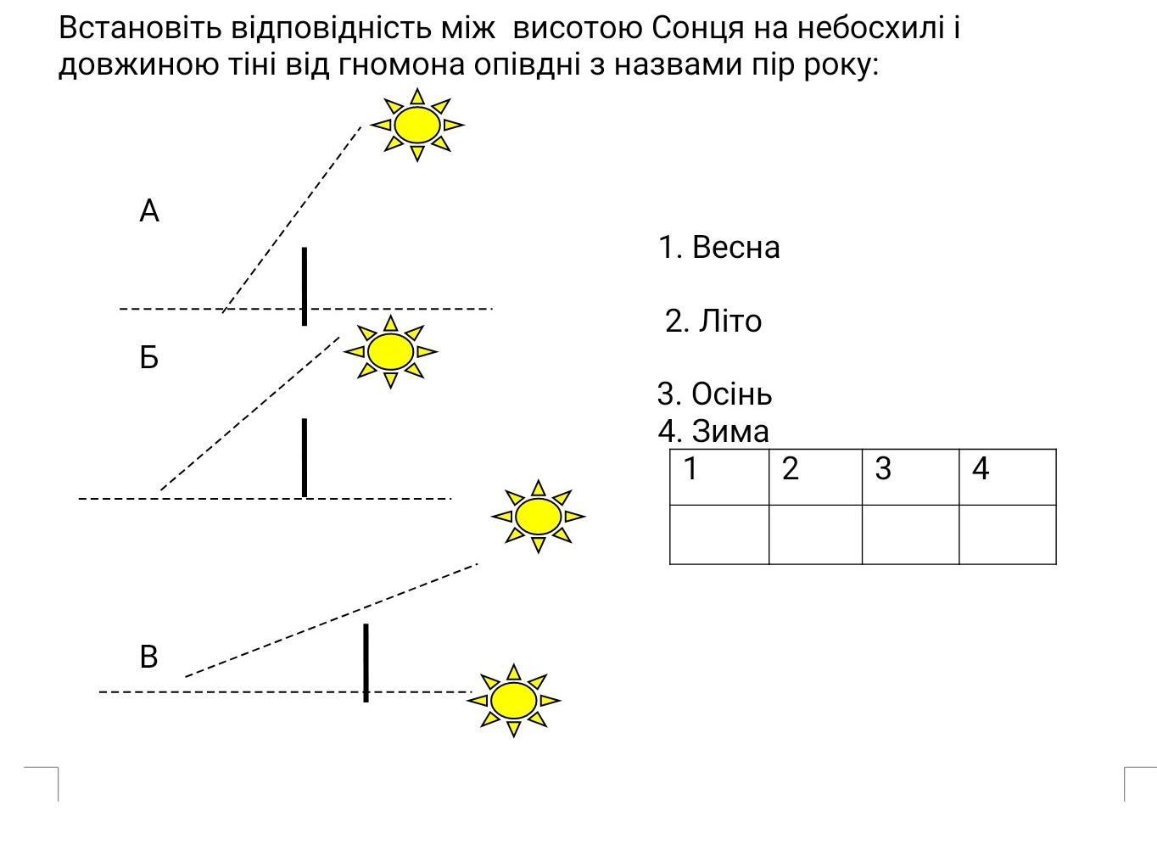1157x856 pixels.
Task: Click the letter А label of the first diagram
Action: [x=149, y=211]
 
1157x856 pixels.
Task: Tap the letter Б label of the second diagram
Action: [x=149, y=357]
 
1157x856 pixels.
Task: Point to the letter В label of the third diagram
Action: [x=148, y=657]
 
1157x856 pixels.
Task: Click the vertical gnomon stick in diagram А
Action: [x=305, y=287]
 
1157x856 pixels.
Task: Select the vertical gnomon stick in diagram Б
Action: [x=305, y=458]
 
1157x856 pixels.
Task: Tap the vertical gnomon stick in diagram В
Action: [x=366, y=663]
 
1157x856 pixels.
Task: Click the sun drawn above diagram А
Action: [x=416, y=125]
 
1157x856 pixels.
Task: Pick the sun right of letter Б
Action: [x=390, y=352]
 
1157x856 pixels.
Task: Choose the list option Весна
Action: [x=718, y=247]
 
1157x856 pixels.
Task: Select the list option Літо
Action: [x=713, y=321]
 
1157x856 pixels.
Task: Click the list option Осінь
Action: [x=715, y=394]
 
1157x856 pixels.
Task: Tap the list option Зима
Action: [x=713, y=431]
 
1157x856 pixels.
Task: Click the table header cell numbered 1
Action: [x=719, y=477]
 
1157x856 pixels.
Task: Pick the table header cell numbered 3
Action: [x=910, y=477]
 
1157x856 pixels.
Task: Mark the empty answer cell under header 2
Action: [x=815, y=534]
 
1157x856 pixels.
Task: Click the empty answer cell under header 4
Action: [x=1008, y=534]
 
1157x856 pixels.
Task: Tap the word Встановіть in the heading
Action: [x=140, y=28]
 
